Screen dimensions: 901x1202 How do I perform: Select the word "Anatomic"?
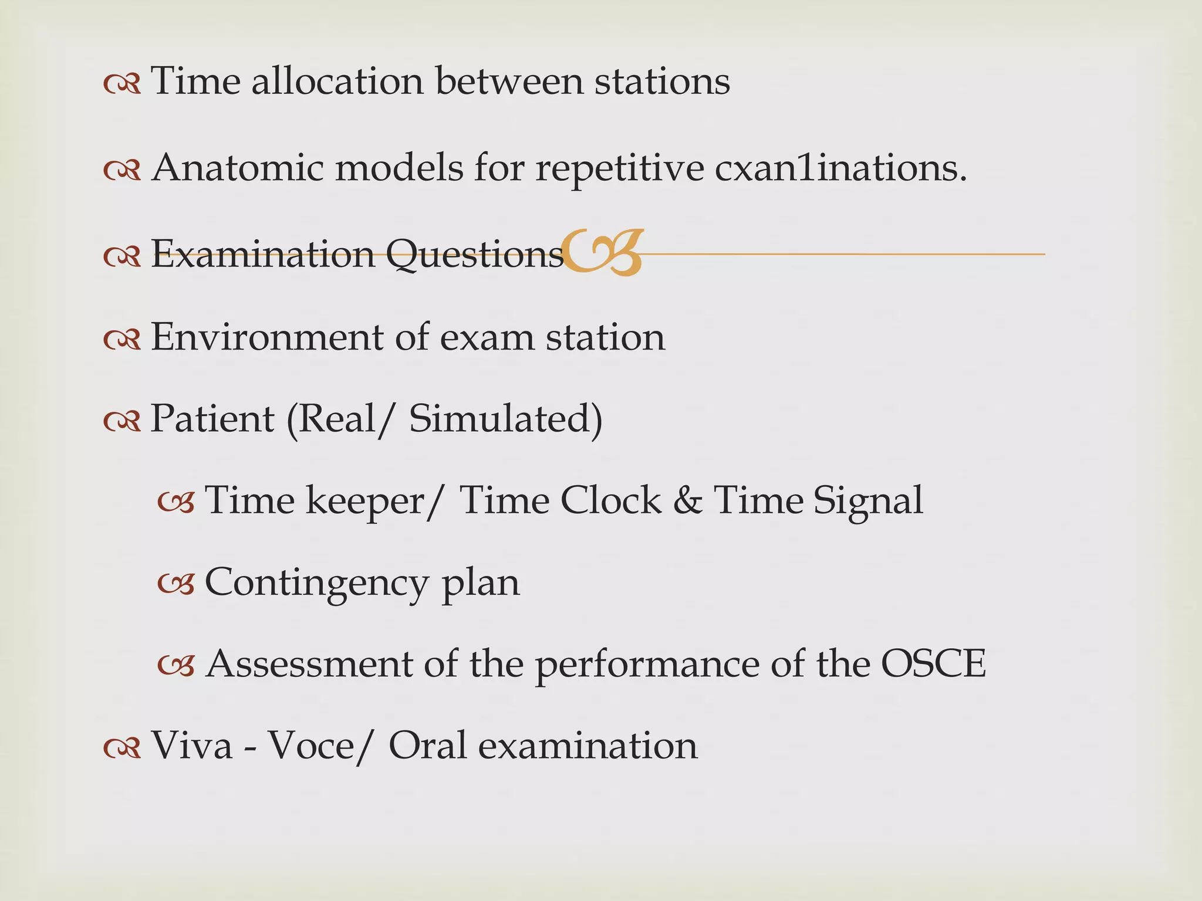237,168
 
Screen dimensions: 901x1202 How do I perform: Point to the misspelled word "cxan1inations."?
840,168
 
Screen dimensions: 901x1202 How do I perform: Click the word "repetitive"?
619,169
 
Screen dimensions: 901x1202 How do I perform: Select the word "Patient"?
212,419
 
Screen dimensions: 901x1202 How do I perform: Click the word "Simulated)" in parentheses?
505,419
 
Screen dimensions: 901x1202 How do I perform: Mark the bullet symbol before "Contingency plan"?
175,584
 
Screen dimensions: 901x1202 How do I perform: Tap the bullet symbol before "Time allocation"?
122,84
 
